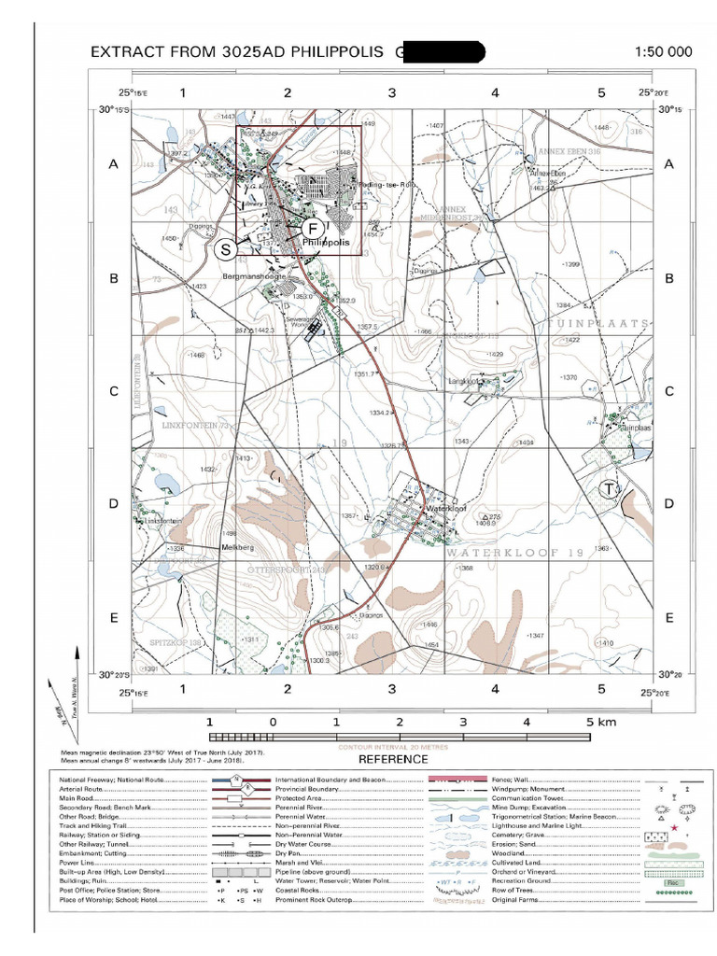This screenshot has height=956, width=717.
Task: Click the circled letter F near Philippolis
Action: click(314, 227)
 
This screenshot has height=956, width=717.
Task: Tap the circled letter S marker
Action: click(225, 249)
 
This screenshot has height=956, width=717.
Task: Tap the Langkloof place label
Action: click(466, 381)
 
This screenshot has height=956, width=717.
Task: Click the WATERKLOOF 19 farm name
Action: click(514, 553)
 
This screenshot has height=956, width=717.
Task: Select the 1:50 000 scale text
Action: click(663, 52)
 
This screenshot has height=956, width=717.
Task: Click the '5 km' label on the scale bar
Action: click(602, 722)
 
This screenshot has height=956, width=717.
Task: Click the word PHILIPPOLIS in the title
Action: click(337, 52)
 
